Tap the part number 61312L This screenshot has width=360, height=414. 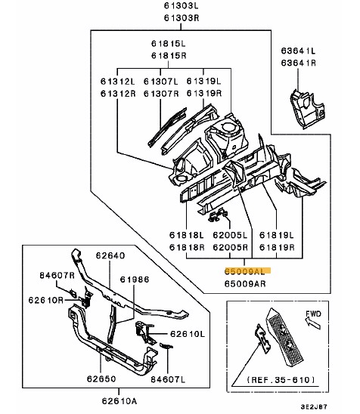point(118,81)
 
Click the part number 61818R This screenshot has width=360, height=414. point(185,247)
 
